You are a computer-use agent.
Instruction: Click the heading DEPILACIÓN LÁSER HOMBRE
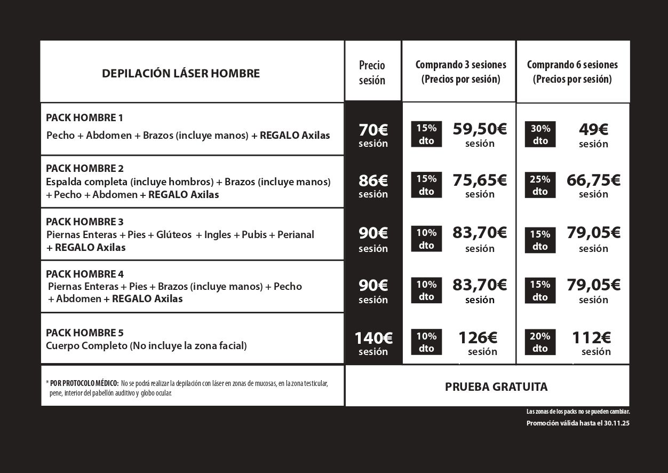click(181, 73)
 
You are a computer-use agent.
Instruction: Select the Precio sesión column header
click(372, 73)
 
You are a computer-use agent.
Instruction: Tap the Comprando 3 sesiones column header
click(460, 72)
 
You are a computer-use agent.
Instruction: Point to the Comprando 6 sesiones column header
click(572, 72)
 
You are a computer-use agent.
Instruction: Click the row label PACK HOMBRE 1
click(84, 117)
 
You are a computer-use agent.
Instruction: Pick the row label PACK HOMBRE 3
click(84, 222)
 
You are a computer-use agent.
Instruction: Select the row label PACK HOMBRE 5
click(84, 333)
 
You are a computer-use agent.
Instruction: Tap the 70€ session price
click(373, 130)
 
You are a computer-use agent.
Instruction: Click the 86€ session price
click(373, 181)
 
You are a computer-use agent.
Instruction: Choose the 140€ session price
click(373, 338)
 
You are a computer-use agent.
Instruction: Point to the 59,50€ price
click(480, 129)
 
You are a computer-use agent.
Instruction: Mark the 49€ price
click(593, 130)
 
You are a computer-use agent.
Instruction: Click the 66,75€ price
click(593, 180)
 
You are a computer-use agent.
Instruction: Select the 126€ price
click(478, 338)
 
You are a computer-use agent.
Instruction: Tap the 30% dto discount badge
click(540, 135)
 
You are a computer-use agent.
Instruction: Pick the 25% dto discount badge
click(540, 185)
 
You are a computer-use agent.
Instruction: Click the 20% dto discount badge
click(540, 342)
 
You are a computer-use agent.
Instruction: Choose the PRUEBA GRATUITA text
click(496, 387)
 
